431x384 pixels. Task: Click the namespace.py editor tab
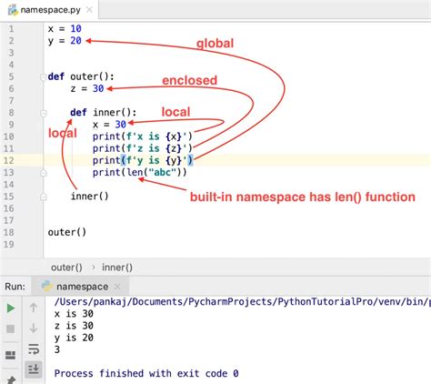tap(50, 9)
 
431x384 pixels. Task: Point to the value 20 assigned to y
tap(76, 41)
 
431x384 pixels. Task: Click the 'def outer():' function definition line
tap(82, 76)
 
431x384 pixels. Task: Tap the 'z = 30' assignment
tap(87, 89)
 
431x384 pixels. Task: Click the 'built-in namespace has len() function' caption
tap(302, 197)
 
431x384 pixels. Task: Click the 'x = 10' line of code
tap(65, 29)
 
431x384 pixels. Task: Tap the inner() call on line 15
tap(90, 196)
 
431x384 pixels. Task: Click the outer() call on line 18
tap(67, 231)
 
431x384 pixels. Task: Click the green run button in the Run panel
tap(11, 307)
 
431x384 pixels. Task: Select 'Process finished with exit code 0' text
tap(146, 373)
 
